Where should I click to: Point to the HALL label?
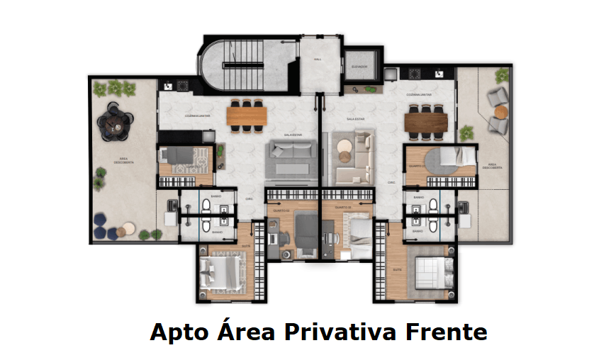tap(318, 60)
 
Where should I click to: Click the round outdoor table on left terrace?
tap(113, 125)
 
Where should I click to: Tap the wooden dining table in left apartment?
tap(247, 114)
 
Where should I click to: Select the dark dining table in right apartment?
tap(427, 122)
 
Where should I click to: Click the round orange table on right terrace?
tap(501, 112)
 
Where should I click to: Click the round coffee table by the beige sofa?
tap(344, 149)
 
